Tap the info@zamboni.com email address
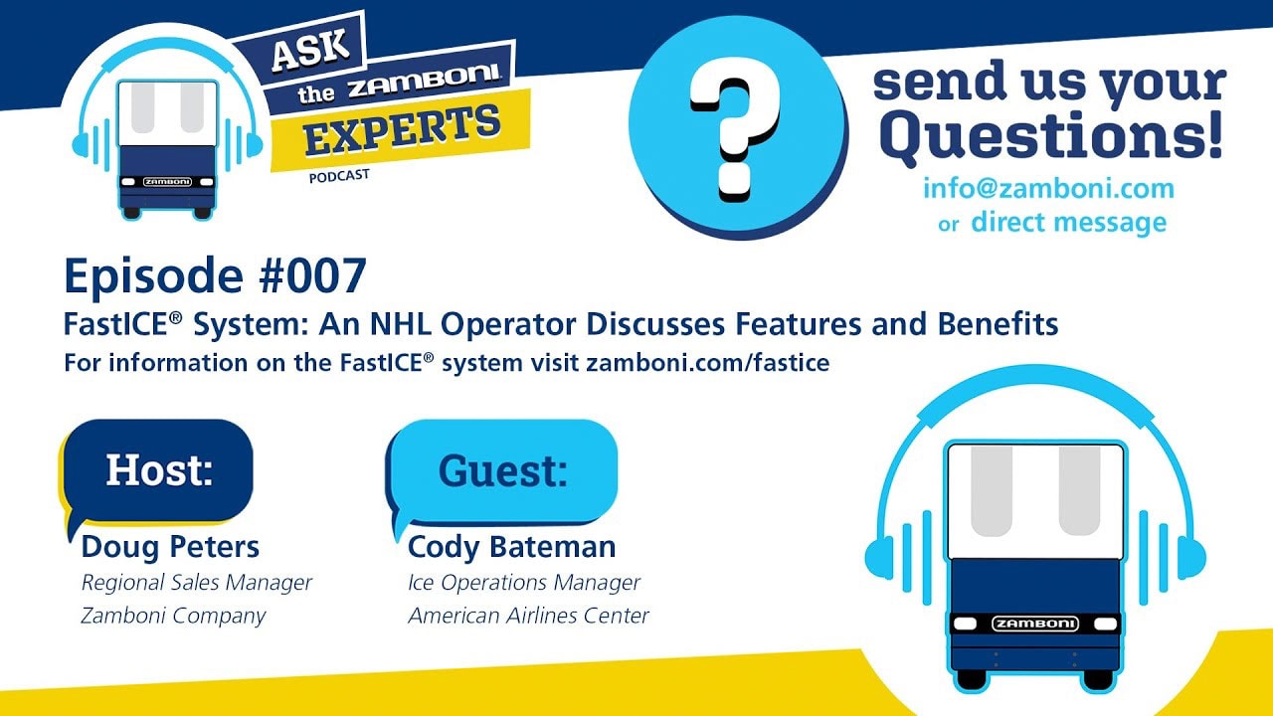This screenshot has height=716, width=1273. tap(1048, 189)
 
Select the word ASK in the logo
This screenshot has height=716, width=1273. tap(310, 50)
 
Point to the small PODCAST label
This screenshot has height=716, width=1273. tap(339, 176)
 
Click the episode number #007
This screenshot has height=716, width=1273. tap(311, 276)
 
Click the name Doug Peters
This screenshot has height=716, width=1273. tap(170, 547)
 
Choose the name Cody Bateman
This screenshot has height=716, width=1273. tap(511, 547)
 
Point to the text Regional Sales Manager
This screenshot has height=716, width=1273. tap(197, 583)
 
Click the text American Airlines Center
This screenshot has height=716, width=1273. tap(528, 616)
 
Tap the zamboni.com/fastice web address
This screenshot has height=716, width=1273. tap(707, 363)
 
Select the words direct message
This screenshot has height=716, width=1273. tap(1069, 222)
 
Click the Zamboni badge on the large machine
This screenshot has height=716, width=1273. tap(1035, 624)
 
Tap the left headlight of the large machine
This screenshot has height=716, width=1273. tap(966, 624)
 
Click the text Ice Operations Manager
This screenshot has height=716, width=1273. tap(524, 583)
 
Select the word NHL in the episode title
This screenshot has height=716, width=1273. tap(402, 324)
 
